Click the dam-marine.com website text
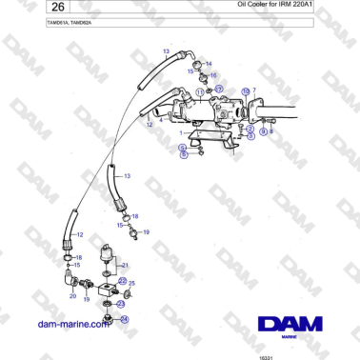pos(72,324)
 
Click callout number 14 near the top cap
pos(208,63)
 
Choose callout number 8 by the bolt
pos(271,131)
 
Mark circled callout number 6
pos(183,155)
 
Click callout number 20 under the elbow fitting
pos(72,296)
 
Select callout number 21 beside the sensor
pos(125,264)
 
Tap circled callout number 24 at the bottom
pos(124,319)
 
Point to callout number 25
pos(132,283)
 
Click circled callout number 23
pos(121,304)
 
